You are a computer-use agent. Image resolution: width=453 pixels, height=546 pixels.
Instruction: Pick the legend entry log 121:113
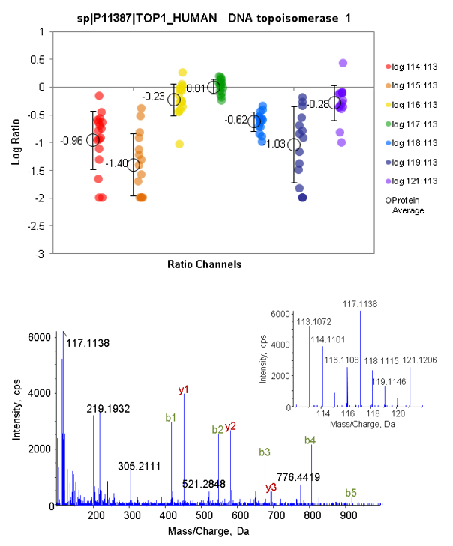pyautogui.click(x=407, y=181)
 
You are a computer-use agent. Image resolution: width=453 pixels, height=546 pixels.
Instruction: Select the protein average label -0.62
pyautogui.click(x=236, y=120)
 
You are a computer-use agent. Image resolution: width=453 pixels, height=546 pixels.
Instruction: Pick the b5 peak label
pyautogui.click(x=351, y=492)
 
